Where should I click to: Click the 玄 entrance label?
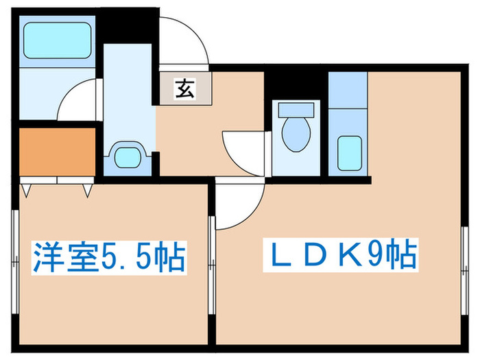[x=183, y=88]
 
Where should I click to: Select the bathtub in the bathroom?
[x=58, y=42]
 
